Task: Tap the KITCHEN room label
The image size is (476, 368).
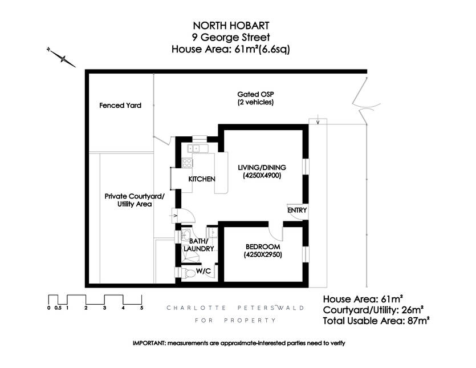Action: point(202,179)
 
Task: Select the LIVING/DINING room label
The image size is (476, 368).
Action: point(262,167)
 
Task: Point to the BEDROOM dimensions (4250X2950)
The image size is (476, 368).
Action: point(263,254)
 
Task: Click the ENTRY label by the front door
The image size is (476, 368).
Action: point(297,211)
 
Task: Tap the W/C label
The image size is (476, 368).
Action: point(204,271)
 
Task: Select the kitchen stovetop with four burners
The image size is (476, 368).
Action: point(187,163)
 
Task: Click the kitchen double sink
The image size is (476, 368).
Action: point(197,148)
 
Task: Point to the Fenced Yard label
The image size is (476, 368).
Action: point(120,106)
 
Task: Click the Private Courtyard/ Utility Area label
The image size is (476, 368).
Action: point(135,200)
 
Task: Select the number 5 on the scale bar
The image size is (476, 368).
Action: point(141,308)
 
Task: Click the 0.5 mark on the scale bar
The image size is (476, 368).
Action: point(58,308)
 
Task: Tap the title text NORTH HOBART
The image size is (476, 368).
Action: point(231,25)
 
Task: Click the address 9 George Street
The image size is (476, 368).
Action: point(231,38)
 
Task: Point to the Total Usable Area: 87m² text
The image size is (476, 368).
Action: point(376,321)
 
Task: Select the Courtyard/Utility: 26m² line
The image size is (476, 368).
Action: point(373,310)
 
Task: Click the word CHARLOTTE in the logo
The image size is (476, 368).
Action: point(197,308)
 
